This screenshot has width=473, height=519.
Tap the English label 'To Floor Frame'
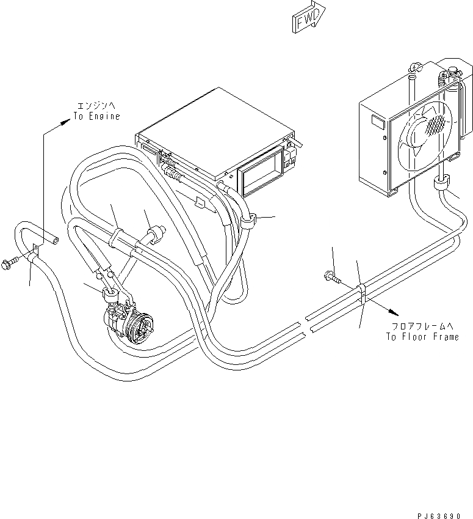pyautogui.click(x=422, y=336)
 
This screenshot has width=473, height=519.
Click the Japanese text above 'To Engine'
pyautogui.click(x=97, y=105)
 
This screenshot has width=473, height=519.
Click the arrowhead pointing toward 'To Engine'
pyautogui.click(x=65, y=122)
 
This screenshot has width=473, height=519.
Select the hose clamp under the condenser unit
pyautogui.click(x=441, y=185)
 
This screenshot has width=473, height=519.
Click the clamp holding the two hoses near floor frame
pyautogui.click(x=361, y=292)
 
